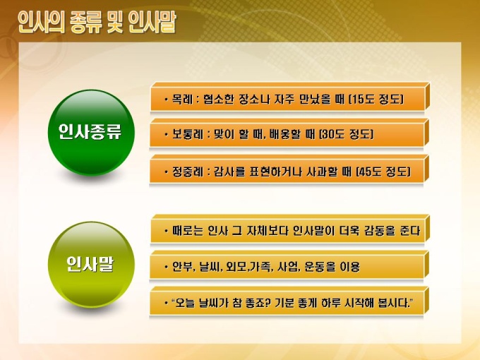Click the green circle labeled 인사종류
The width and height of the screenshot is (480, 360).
click(x=91, y=132)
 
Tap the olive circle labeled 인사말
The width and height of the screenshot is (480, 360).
click(x=91, y=265)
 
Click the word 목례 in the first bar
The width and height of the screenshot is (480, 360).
click(x=182, y=100)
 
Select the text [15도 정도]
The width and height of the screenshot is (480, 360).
click(x=376, y=100)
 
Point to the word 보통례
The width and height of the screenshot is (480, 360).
click(x=187, y=134)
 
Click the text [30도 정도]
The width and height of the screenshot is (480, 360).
click(x=346, y=134)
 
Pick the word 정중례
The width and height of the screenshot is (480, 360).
click(x=187, y=172)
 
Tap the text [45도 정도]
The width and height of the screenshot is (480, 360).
click(x=383, y=172)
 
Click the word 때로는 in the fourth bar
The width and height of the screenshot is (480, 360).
click(x=188, y=231)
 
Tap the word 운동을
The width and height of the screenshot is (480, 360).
click(x=320, y=267)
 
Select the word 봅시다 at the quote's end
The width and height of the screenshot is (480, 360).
click(x=394, y=303)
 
